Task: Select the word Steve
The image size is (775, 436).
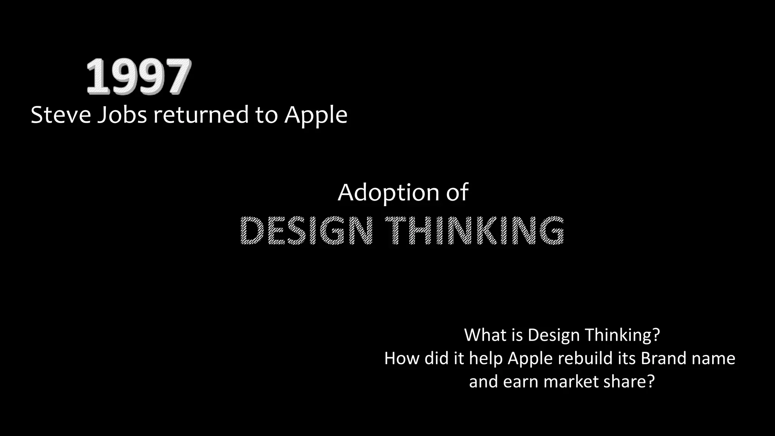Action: click(61, 115)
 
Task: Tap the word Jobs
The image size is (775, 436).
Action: click(122, 115)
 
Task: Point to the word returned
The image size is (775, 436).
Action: click(201, 115)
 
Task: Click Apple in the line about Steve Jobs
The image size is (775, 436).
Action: click(316, 115)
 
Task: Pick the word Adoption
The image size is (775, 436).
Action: click(388, 193)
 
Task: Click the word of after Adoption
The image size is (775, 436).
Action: click(457, 192)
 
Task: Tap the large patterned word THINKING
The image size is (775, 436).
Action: click(475, 230)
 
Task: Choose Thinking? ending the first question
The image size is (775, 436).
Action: click(622, 336)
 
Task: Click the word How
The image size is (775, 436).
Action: click(402, 358)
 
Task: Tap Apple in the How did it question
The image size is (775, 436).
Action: click(530, 359)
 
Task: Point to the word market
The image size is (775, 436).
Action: click(571, 381)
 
